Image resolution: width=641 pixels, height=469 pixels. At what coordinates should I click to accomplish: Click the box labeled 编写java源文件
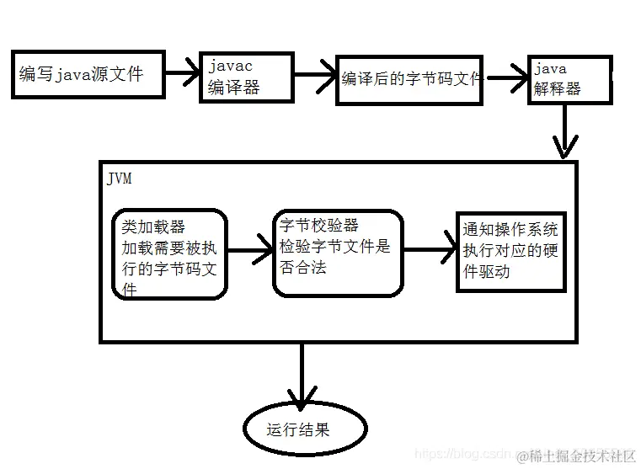(85, 73)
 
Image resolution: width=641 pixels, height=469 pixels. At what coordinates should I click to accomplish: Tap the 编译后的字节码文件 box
(409, 79)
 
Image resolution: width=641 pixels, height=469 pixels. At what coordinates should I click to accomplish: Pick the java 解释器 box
(569, 79)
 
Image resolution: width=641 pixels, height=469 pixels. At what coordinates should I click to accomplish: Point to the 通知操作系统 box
(510, 251)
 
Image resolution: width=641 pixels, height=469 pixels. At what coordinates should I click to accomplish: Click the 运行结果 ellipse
(305, 429)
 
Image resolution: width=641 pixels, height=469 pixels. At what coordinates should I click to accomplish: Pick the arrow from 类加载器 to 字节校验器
(250, 251)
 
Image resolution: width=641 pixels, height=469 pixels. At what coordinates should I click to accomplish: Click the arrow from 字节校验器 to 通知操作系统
(430, 250)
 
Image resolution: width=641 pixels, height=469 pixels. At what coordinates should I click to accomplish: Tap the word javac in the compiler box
(230, 67)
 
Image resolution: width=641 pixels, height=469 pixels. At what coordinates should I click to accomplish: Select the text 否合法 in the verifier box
(303, 268)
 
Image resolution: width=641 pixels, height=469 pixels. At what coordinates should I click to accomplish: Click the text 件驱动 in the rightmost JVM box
(486, 272)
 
